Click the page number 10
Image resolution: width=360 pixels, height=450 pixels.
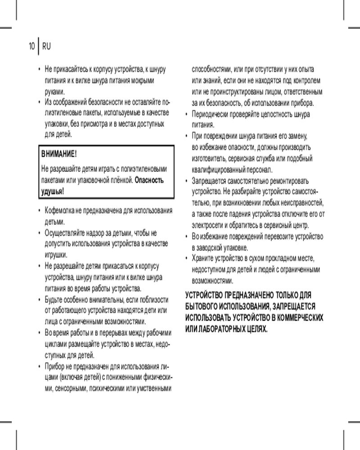pos(31,46)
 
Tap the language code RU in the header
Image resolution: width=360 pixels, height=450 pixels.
pos(46,46)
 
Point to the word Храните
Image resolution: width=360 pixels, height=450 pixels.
pos(203,259)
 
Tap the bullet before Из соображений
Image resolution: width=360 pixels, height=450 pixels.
pos(40,102)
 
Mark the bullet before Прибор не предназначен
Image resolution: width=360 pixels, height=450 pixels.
pos(40,365)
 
